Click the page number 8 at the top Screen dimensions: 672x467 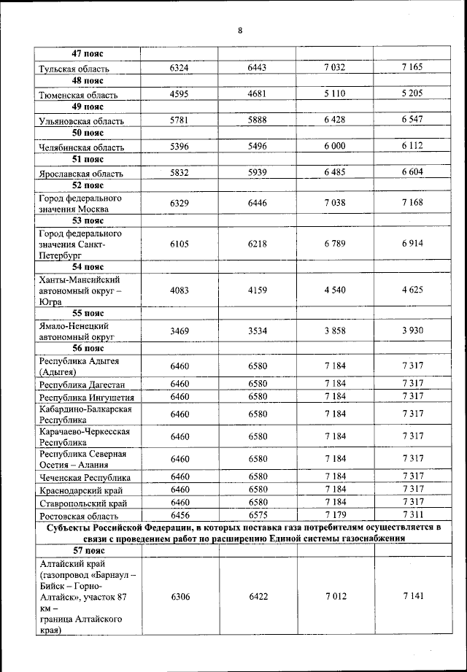[239, 30]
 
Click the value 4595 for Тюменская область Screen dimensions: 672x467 [180, 94]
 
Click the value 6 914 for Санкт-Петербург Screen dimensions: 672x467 [412, 244]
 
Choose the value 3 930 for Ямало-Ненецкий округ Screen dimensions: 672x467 [412, 331]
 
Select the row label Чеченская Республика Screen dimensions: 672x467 [85, 477]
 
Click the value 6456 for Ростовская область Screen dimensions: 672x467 [180, 515]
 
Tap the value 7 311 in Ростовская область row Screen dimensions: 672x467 [412, 515]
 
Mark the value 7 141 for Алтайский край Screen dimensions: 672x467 [412, 596]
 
